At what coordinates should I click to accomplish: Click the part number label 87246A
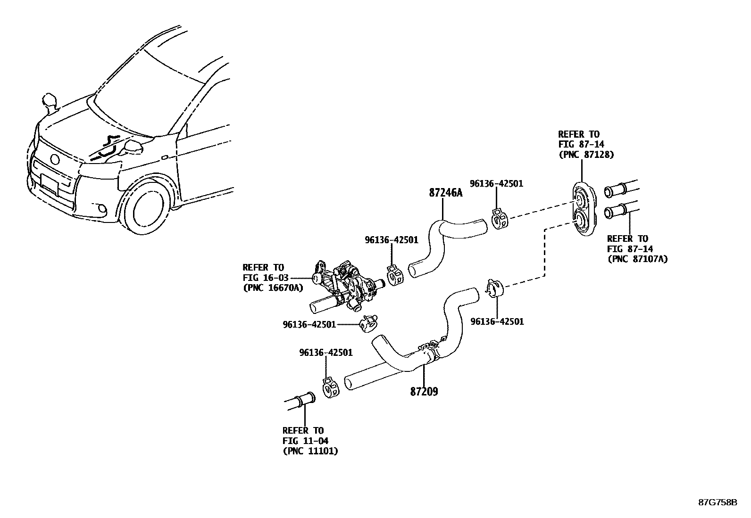(x=446, y=193)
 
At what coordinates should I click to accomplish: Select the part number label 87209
(x=424, y=391)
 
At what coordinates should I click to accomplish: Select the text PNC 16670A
(x=273, y=288)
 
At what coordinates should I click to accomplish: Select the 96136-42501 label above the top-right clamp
(x=496, y=183)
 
